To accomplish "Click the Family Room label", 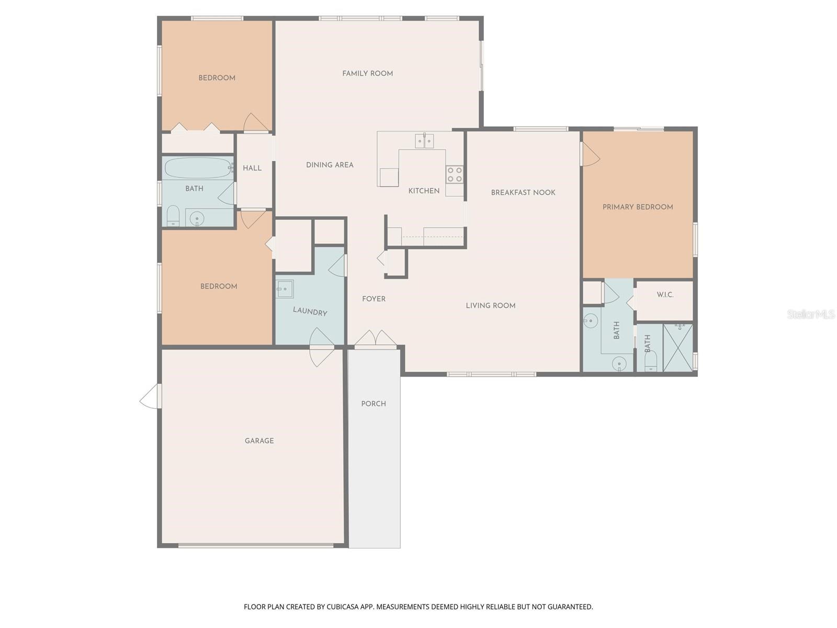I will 367,74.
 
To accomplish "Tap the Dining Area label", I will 330,165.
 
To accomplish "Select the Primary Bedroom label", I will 637,207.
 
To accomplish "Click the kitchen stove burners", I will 455,174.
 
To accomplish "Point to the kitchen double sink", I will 424,141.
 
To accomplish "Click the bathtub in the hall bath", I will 198,168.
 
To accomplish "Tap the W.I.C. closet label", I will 665,295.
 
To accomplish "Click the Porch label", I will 374,404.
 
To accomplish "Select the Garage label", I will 259,441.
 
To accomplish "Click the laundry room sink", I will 285,289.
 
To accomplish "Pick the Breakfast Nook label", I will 523,193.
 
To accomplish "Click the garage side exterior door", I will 150,396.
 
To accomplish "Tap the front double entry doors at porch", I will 375,339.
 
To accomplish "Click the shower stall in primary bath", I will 678,348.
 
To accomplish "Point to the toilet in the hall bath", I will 173,216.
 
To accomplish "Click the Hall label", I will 252,169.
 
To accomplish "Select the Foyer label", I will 374,299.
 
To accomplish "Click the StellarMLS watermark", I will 810,314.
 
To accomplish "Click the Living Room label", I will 490,306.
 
